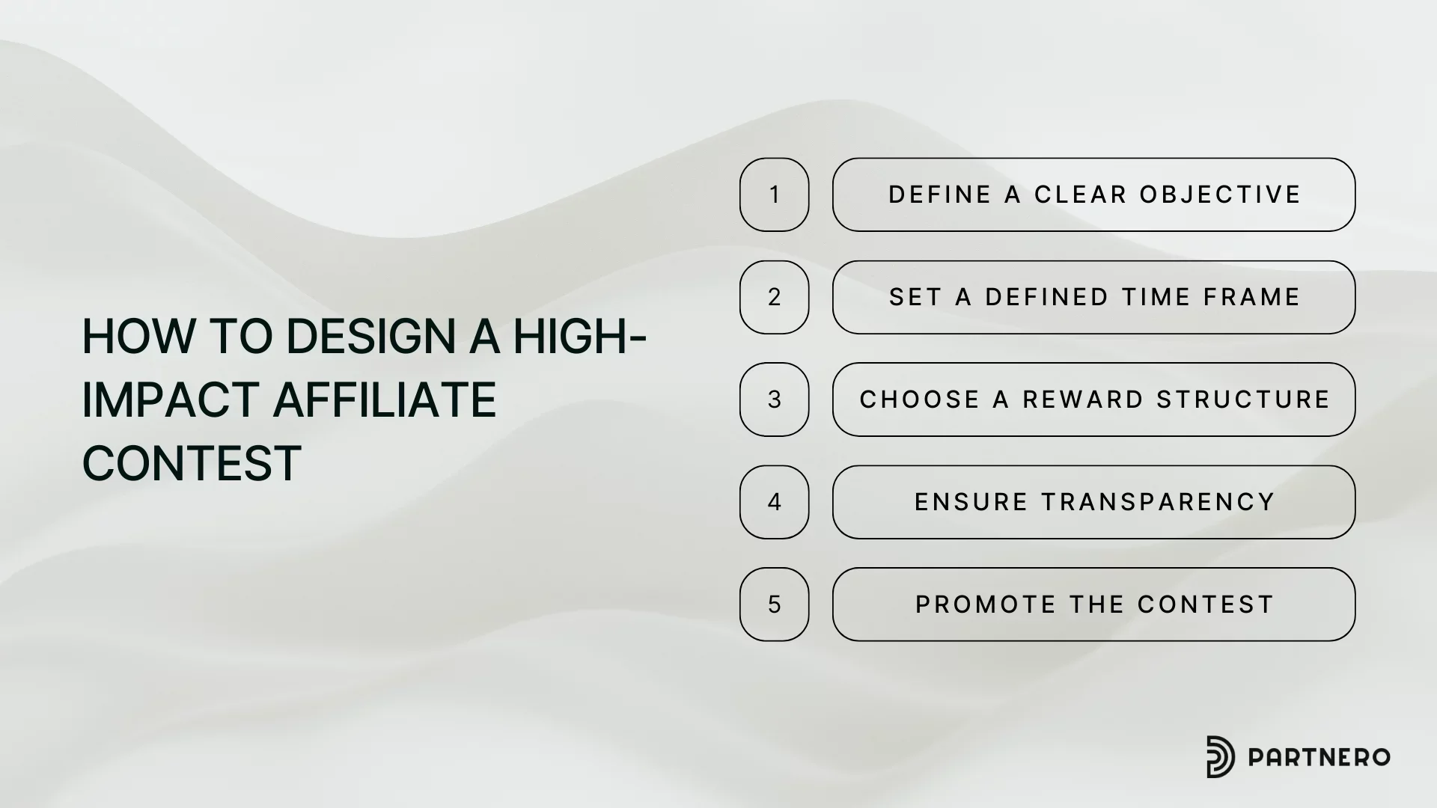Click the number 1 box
tap(774, 195)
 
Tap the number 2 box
tap(774, 297)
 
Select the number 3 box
tap(774, 400)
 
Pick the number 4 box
tap(774, 502)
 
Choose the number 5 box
tap(774, 605)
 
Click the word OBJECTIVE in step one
tap(1220, 195)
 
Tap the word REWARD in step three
tap(1083, 400)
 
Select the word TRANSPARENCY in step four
tap(1158, 502)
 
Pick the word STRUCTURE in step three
tap(1243, 400)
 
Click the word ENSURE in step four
tap(971, 502)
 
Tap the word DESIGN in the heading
tap(370, 336)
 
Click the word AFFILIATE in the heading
tap(384, 400)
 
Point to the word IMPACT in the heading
tap(171, 400)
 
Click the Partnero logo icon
tap(1221, 756)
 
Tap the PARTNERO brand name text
tap(1319, 757)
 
